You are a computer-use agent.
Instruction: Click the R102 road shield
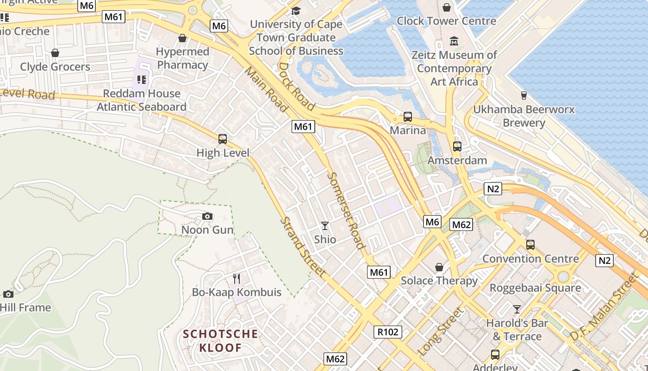(x=388, y=332)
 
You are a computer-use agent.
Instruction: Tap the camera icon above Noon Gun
(x=207, y=216)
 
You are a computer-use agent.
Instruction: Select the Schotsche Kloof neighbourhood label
(x=220, y=340)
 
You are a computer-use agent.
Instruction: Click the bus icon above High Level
(x=223, y=139)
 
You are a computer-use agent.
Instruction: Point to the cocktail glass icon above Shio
(x=325, y=226)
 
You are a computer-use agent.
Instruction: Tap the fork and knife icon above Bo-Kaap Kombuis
(x=237, y=278)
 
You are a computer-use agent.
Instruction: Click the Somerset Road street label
(x=346, y=211)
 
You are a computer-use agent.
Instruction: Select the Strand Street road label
(x=303, y=247)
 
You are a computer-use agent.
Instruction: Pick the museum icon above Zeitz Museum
(x=454, y=41)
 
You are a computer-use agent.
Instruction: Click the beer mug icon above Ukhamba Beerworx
(x=523, y=95)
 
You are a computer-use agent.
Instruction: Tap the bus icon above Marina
(x=408, y=117)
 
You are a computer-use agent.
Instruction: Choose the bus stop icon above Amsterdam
(x=457, y=147)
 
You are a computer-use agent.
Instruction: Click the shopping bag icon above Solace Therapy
(x=439, y=267)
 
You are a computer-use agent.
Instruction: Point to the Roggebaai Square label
(x=535, y=288)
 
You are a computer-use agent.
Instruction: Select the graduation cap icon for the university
(x=296, y=10)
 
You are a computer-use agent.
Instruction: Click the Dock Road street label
(x=296, y=86)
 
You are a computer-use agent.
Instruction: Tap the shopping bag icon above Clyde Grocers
(x=55, y=53)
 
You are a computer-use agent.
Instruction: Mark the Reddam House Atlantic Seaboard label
(x=142, y=100)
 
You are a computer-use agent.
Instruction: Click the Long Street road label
(x=441, y=332)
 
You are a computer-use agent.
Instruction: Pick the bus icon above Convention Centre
(x=530, y=244)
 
